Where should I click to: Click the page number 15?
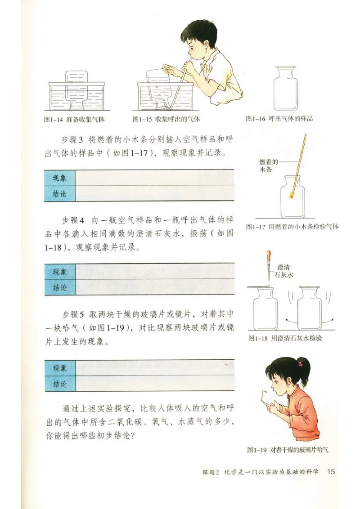(331, 472)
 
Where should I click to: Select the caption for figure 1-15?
(166, 119)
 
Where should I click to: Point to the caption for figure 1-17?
(292, 227)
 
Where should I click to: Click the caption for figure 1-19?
(288, 449)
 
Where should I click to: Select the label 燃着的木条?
(269, 166)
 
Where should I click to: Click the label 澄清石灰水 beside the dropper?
(284, 271)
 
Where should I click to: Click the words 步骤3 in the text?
(73, 138)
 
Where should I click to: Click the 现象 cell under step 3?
(60, 178)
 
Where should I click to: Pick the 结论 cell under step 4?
(60, 288)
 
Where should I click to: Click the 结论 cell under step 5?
(60, 384)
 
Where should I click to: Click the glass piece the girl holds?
(269, 397)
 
